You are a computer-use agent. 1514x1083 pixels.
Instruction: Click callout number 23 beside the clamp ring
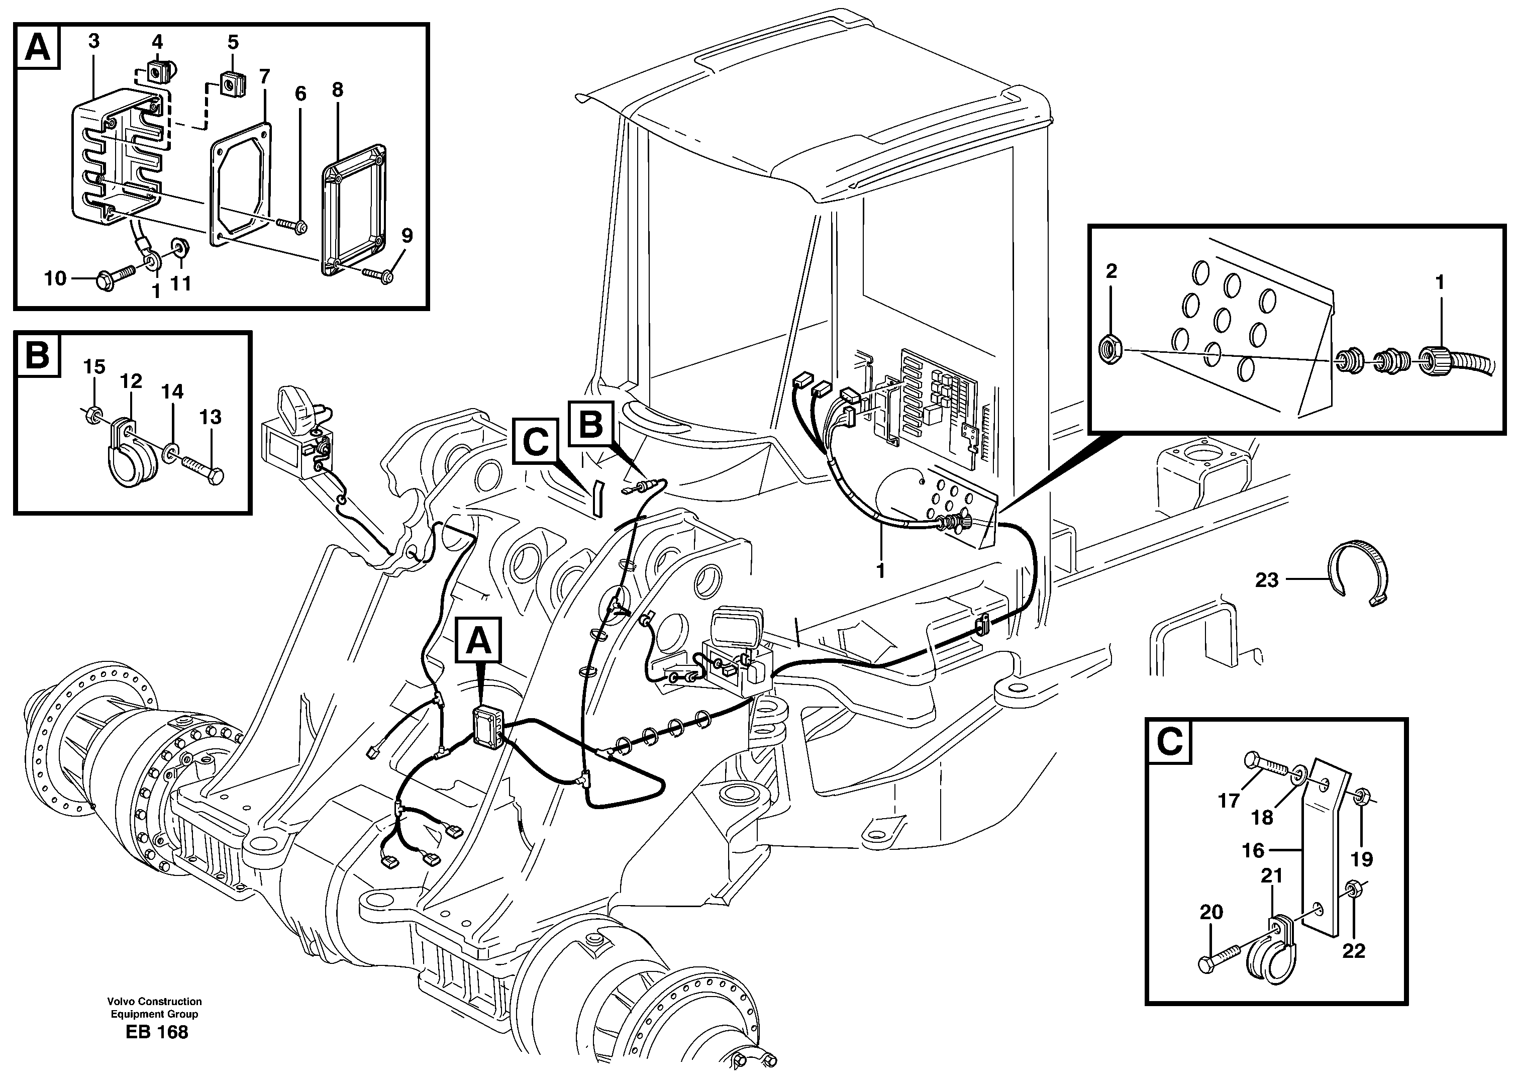point(1267,580)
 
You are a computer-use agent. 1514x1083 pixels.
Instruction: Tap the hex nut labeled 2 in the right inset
point(1110,349)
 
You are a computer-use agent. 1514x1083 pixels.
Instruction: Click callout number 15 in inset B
point(94,367)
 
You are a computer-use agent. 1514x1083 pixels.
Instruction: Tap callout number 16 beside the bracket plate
point(1253,850)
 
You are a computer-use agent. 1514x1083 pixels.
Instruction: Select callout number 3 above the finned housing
point(93,41)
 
